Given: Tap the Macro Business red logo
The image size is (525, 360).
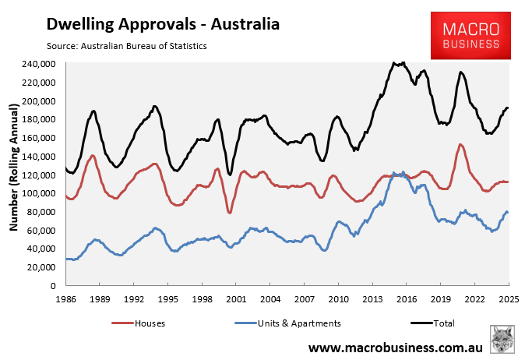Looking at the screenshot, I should coord(467,37).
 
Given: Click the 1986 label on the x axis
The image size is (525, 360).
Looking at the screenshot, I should coord(65,298).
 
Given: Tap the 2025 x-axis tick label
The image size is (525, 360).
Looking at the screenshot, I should coord(509,298).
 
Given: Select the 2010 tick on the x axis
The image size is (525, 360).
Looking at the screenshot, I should coord(338,298).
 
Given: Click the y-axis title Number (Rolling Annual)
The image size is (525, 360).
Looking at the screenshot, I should coord(14,175).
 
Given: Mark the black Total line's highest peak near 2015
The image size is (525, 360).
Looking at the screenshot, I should coord(396,62).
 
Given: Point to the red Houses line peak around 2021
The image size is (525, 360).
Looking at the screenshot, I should coord(460,145).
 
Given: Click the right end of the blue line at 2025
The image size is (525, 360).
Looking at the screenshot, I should coord(508,212).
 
